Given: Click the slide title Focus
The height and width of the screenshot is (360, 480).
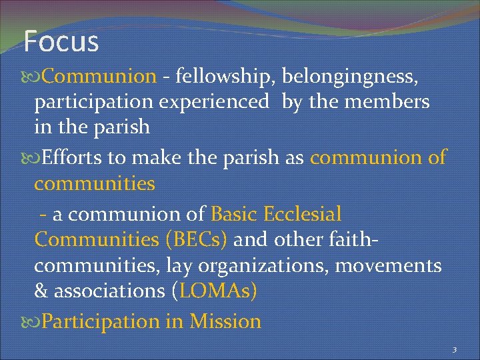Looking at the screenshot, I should click(61, 41).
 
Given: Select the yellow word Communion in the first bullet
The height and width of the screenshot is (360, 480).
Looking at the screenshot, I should click(99, 77).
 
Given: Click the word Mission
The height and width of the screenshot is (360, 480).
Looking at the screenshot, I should click(225, 321).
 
